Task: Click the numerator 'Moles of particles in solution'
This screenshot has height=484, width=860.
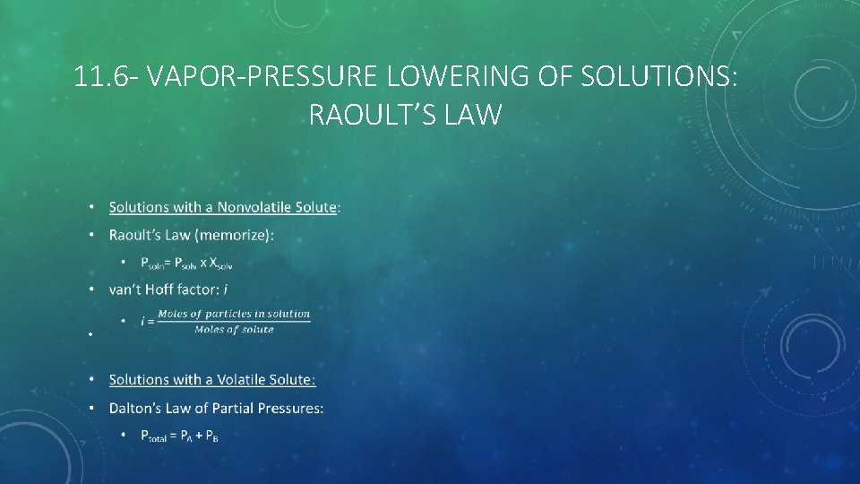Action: (x=234, y=314)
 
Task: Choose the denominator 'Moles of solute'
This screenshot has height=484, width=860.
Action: (x=234, y=329)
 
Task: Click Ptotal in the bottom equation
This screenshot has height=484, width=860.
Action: (x=159, y=436)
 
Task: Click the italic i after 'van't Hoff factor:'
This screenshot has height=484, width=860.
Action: (x=225, y=290)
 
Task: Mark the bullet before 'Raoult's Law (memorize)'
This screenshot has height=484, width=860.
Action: (x=91, y=236)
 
